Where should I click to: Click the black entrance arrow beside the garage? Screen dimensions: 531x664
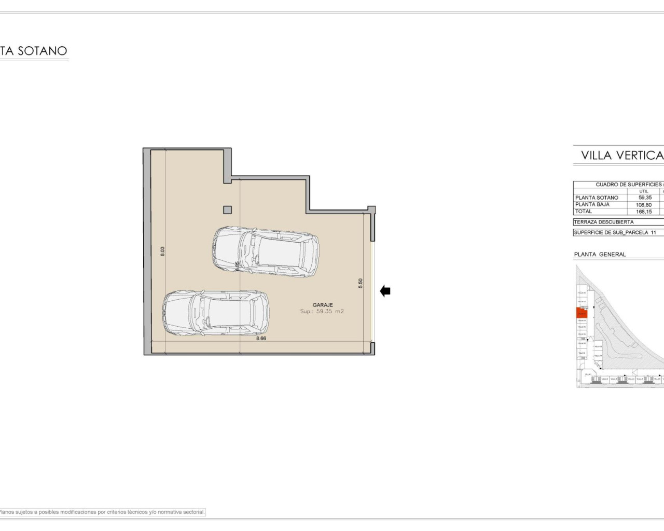tap(385, 291)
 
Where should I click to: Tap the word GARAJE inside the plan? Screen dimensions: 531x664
tap(323, 305)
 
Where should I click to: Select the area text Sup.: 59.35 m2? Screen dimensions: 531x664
tap(322, 312)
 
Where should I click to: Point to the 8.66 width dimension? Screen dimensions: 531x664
tap(261, 338)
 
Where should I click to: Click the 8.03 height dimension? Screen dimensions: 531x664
tap(162, 251)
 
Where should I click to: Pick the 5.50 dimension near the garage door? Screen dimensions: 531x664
tap(361, 283)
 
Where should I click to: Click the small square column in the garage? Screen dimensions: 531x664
tap(227, 210)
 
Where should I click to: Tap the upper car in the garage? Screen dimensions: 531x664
tap(266, 251)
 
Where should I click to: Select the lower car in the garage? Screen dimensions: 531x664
tap(216, 313)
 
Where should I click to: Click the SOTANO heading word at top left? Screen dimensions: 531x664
tap(43, 51)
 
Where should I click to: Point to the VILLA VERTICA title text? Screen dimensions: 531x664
tap(621, 155)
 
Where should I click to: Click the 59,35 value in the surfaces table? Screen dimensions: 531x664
tap(645, 198)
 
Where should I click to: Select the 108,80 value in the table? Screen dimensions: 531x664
tap(644, 205)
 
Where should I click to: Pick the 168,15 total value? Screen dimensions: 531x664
tap(644, 212)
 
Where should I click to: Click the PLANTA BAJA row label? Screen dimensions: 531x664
tap(592, 204)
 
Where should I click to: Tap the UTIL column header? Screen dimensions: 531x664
tap(644, 191)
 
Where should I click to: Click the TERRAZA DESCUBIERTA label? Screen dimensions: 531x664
tap(603, 222)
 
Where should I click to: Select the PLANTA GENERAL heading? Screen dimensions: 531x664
tap(600, 255)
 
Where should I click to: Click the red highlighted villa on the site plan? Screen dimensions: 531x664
tap(581, 313)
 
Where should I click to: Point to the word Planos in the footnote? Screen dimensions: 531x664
tap(7, 512)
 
